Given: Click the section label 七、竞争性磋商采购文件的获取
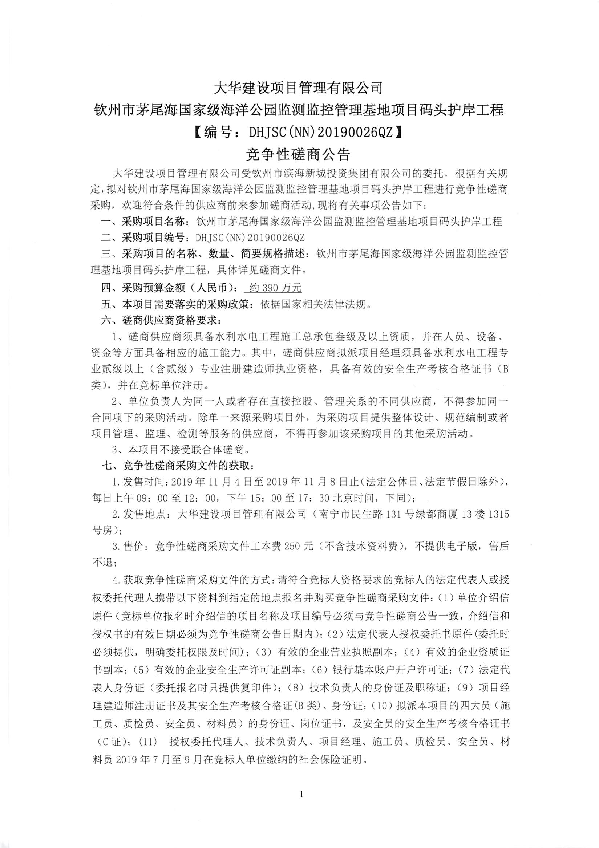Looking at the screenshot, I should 177,466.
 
